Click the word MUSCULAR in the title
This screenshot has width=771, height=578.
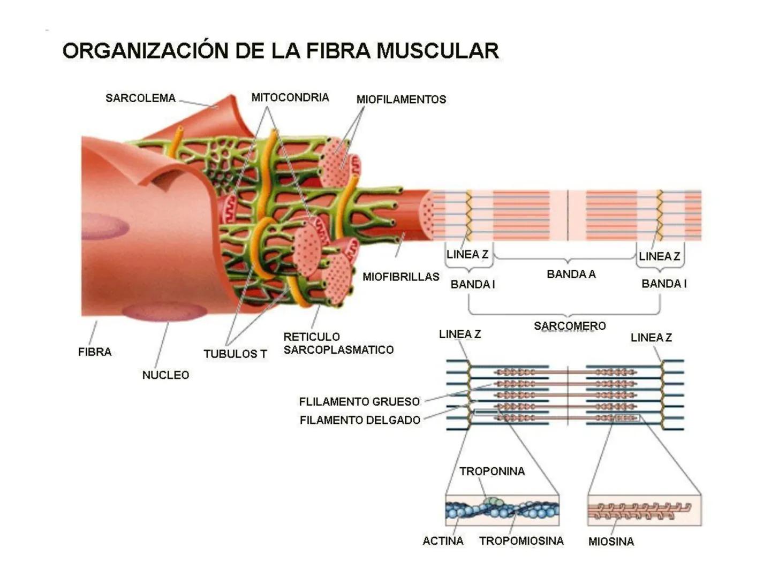pos(437,51)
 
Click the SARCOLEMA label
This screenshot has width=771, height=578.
pos(140,98)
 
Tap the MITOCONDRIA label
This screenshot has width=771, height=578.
pos(290,97)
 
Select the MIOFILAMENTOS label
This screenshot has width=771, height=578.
pos(401,100)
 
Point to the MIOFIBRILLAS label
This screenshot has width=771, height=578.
pos(400,277)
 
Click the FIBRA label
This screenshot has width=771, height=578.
pos(95,352)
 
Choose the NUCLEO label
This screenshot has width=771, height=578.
pos(165,375)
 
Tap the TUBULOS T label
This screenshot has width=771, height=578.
pos(235,354)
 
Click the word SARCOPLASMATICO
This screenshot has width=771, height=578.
pos(338,350)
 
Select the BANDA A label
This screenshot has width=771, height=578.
pos(571,274)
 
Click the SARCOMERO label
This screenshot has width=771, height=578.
pos(570,326)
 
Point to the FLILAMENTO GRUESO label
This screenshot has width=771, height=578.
pos(359,401)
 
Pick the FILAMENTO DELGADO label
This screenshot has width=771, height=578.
pos(360,420)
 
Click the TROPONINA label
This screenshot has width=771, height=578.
pos(492,471)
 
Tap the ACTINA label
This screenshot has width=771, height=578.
pos(443,541)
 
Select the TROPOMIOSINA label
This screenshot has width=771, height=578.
pos(521,541)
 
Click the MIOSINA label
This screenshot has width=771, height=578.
pos(611,542)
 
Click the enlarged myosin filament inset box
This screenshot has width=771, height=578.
pos(644,510)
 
